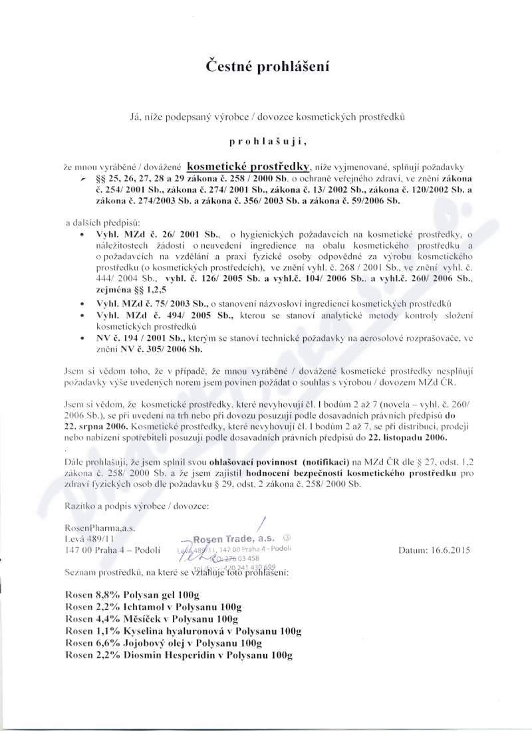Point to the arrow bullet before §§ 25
(x=82, y=180)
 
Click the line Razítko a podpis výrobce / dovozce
(x=137, y=506)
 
